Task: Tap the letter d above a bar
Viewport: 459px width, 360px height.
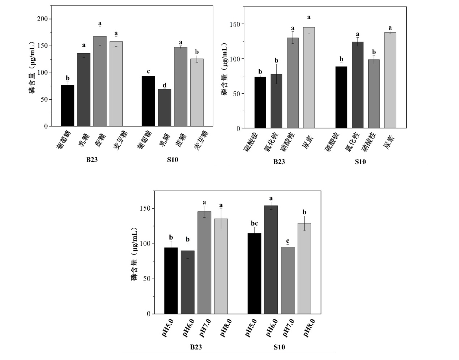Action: point(165,85)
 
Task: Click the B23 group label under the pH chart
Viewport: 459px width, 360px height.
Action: point(196,347)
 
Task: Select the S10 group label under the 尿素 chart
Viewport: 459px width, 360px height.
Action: point(360,162)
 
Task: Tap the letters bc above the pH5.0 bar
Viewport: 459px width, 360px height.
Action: point(254,223)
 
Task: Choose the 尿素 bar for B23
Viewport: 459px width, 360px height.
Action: point(309,78)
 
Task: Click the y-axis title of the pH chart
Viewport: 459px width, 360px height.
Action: point(135,254)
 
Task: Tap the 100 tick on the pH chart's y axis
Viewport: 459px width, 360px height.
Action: point(145,244)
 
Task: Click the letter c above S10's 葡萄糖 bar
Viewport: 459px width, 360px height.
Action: point(148,71)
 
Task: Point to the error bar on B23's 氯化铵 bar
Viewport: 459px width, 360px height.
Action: point(276,74)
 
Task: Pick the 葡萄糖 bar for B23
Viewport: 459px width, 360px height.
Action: point(68,106)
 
